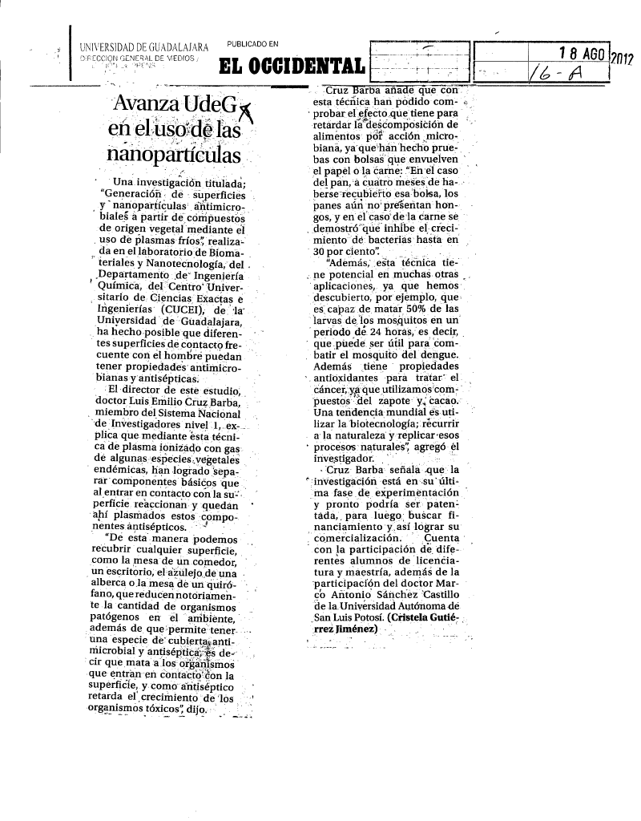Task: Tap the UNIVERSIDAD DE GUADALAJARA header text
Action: (x=144, y=48)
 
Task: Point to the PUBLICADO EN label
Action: (x=252, y=43)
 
